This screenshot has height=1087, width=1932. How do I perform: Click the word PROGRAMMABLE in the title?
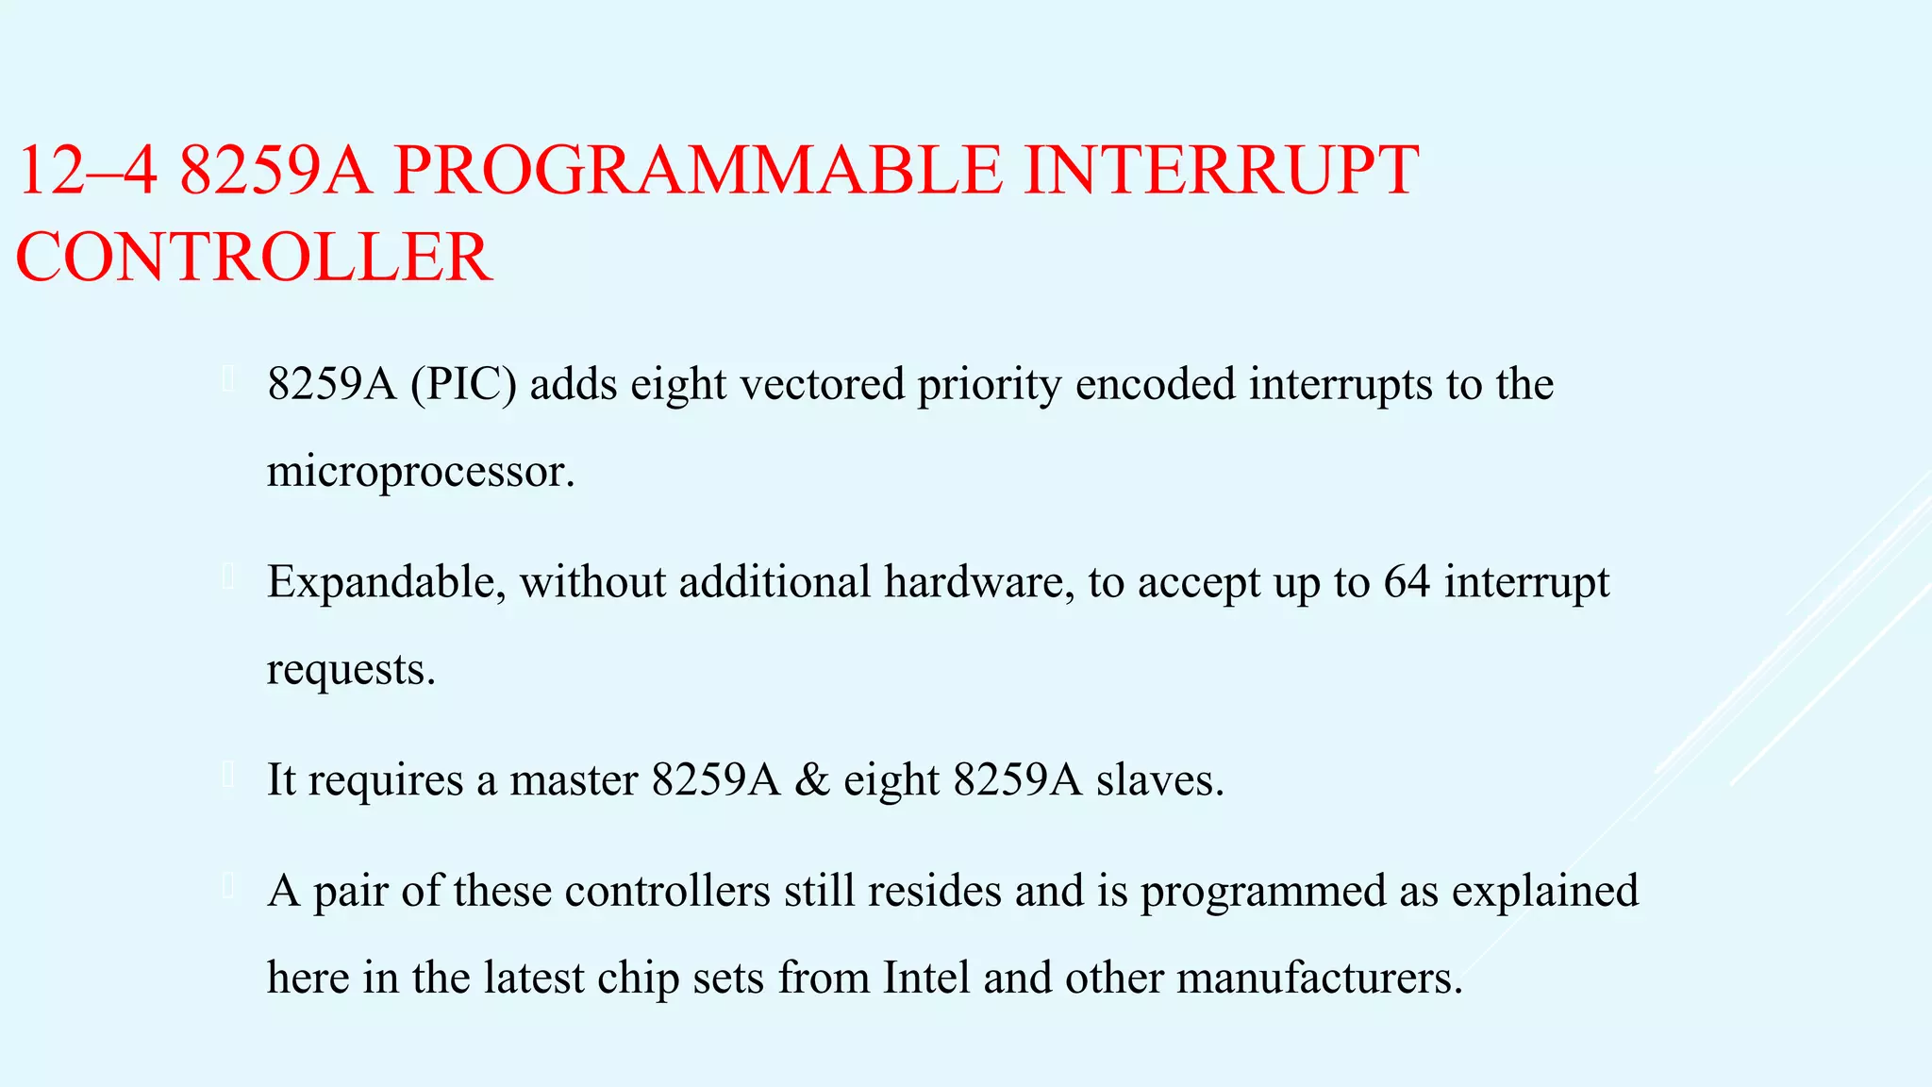point(697,171)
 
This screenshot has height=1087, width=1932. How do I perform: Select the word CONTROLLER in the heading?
point(254,258)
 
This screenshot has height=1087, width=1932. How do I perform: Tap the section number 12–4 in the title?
point(86,171)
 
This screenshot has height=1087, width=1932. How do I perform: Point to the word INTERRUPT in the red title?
point(1221,171)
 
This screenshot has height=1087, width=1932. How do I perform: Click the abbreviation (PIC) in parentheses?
point(463,384)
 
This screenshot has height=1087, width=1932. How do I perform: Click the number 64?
point(1407,581)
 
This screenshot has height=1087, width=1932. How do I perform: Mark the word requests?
point(350,671)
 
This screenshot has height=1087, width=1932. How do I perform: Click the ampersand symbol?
point(812,780)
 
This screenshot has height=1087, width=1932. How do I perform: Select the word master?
point(574,780)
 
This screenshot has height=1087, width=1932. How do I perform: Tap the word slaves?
point(1159,780)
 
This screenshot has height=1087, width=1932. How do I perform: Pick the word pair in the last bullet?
point(350,892)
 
